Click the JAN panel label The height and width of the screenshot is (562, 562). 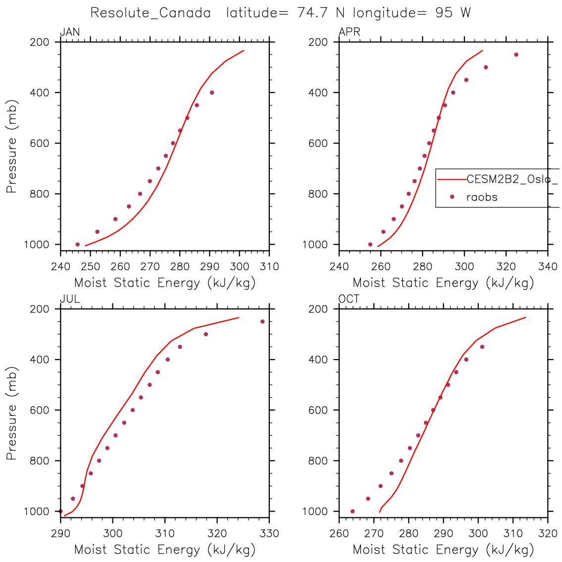pyautogui.click(x=70, y=32)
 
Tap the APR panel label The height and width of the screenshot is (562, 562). pyautogui.click(x=349, y=32)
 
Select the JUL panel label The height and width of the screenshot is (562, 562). pyautogui.click(x=70, y=299)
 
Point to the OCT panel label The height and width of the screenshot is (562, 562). pyautogui.click(x=349, y=299)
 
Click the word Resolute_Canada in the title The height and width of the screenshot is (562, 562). pyautogui.click(x=151, y=13)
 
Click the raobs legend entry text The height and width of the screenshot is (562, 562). pyautogui.click(x=482, y=197)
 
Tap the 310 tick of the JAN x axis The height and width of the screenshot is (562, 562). pyautogui.click(x=269, y=267)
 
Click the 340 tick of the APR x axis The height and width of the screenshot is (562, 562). pyautogui.click(x=548, y=267)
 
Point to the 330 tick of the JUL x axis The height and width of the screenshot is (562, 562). pyautogui.click(x=269, y=534)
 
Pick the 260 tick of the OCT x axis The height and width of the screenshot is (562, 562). pyautogui.click(x=339, y=534)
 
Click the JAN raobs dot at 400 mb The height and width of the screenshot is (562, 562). pyautogui.click(x=212, y=93)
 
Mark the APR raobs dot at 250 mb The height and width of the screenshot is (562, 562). pyautogui.click(x=516, y=54)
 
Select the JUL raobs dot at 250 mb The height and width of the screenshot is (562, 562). pyautogui.click(x=262, y=321)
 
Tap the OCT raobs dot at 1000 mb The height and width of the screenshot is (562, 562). pyautogui.click(x=353, y=511)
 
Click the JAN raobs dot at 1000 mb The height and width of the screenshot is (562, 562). pyautogui.click(x=77, y=244)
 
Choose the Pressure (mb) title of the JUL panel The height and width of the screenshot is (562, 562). pyautogui.click(x=12, y=413)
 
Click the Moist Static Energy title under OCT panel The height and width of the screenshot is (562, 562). pyautogui.click(x=443, y=550)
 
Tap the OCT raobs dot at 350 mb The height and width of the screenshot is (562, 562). pyautogui.click(x=482, y=347)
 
